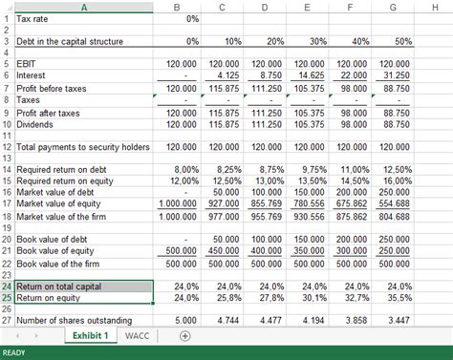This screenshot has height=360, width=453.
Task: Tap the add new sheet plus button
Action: [x=185, y=335]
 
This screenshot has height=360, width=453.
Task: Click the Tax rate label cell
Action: [x=37, y=18]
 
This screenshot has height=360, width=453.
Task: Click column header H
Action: [x=435, y=8]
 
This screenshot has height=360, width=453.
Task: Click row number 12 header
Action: [x=6, y=146]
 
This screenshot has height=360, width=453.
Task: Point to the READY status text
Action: [x=15, y=352]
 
